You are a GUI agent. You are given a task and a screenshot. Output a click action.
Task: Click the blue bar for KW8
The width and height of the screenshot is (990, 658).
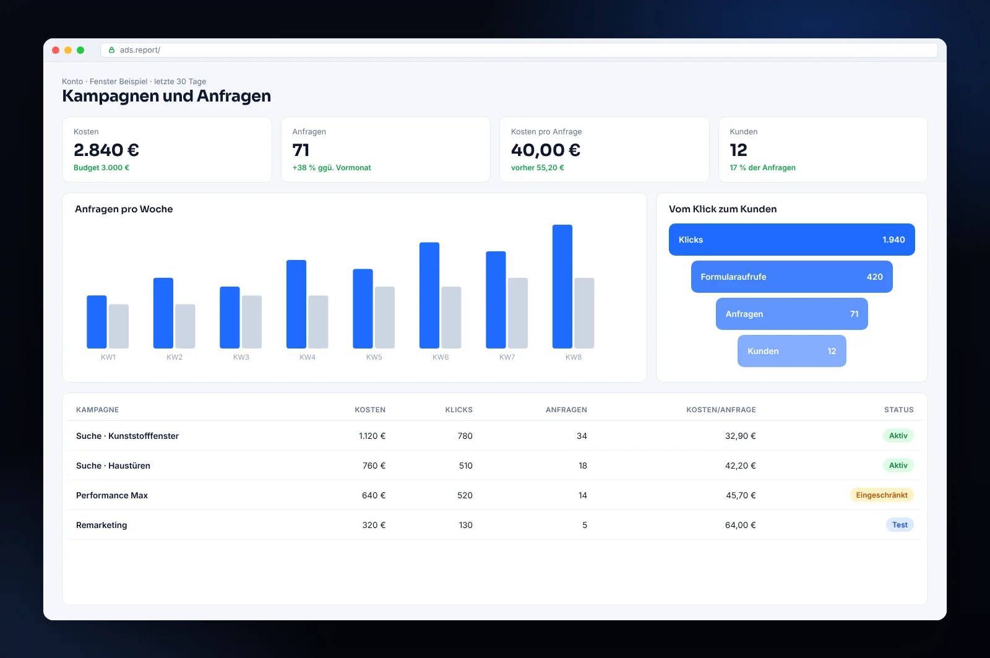tap(562, 287)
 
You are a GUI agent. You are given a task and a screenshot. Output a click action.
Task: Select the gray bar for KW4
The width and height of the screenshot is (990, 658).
tap(318, 322)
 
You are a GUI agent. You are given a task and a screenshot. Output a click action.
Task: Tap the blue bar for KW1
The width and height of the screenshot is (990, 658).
tap(97, 322)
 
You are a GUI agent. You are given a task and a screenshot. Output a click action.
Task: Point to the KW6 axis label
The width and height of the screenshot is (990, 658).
tap(440, 357)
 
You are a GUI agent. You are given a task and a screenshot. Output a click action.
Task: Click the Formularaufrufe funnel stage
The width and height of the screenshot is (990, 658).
tap(791, 277)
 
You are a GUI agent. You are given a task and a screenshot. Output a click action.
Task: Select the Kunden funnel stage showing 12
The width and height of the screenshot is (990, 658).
tap(791, 351)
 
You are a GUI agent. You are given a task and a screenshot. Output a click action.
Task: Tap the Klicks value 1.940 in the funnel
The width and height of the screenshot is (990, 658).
tap(893, 240)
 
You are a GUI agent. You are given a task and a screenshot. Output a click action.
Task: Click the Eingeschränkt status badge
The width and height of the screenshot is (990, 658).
tap(882, 495)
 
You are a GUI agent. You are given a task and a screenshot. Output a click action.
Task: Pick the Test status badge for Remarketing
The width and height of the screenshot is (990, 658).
tap(900, 524)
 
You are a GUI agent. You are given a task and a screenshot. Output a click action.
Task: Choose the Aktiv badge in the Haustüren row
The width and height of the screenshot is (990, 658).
tap(898, 465)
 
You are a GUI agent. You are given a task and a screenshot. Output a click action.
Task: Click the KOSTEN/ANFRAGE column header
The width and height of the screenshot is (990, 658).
tap(721, 410)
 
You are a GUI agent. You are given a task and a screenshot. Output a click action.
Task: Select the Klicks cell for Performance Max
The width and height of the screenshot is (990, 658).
tap(465, 495)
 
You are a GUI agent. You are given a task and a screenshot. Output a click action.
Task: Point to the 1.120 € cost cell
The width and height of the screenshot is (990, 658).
tap(372, 436)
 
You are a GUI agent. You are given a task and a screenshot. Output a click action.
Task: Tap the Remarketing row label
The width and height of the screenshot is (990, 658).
tap(101, 525)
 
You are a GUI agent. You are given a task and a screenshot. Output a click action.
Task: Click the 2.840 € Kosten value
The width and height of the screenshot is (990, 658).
tap(106, 150)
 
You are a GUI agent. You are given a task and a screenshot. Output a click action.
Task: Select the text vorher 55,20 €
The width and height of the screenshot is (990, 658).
tap(538, 168)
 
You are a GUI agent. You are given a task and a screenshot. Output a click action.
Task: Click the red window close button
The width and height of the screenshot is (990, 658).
tap(56, 50)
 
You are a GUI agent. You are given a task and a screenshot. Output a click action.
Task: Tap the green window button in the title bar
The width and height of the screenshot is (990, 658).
tap(80, 50)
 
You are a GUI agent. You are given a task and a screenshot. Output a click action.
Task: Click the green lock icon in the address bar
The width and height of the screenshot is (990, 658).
tap(112, 50)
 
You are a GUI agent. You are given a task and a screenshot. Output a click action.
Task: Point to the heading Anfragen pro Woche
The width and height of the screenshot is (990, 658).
tap(124, 209)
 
